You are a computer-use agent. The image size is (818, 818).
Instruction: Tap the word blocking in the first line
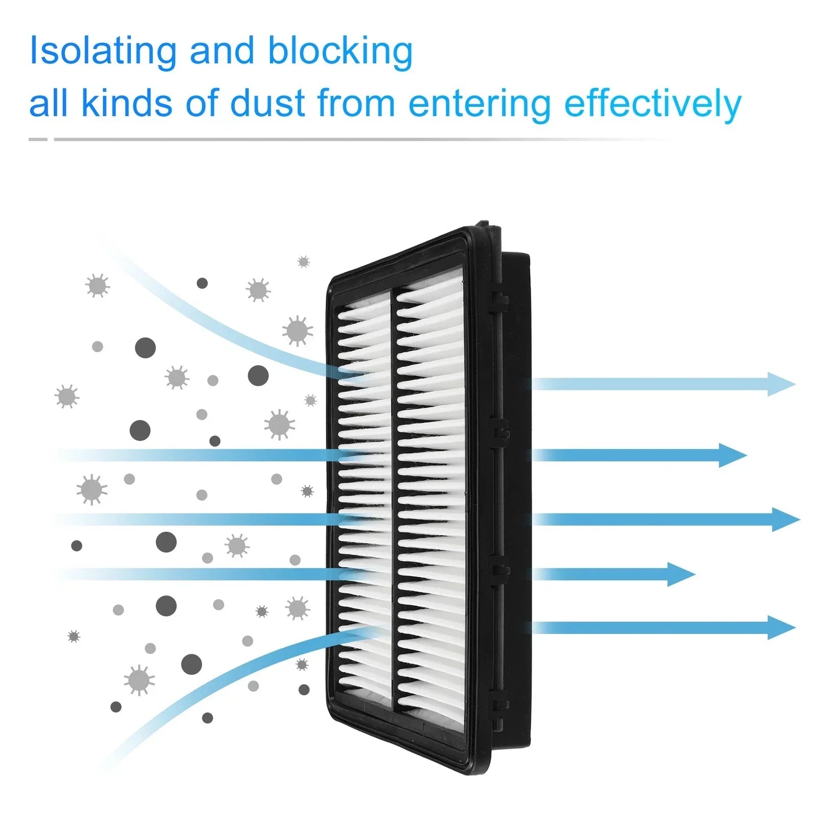340,51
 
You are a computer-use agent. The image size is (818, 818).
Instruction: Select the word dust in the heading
267,103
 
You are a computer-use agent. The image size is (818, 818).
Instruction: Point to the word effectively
653,104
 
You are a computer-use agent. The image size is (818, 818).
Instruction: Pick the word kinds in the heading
127,103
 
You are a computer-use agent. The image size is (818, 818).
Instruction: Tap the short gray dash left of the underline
38,139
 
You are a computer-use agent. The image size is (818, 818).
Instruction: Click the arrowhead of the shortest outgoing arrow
681,574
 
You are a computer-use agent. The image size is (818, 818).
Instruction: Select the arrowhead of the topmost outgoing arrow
782,384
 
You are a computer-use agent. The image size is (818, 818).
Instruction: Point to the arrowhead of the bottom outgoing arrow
782,627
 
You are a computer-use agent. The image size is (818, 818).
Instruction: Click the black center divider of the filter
394,501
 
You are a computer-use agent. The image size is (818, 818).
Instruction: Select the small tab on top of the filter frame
490,225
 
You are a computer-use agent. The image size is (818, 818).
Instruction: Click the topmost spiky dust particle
304,262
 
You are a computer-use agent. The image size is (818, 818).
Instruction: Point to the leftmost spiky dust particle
66,396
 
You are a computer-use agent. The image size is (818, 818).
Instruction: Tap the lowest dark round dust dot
207,718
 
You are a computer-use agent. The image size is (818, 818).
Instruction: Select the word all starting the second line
49,103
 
